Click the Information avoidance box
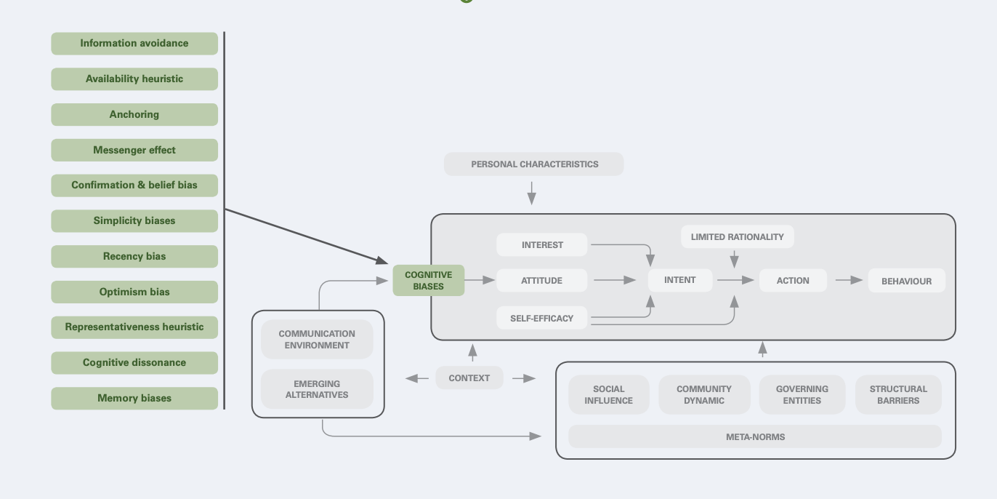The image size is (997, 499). click(x=134, y=44)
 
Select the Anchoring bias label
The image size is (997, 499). click(x=134, y=115)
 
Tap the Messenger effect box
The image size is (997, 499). click(x=134, y=151)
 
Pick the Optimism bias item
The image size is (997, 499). click(x=134, y=292)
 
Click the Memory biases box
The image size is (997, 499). click(x=134, y=399)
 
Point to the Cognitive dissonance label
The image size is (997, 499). click(x=134, y=363)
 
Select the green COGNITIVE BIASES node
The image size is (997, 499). click(x=429, y=281)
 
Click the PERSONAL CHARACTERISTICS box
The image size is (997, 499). click(x=534, y=164)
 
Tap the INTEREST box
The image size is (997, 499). click(x=542, y=245)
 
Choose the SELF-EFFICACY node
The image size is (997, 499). click(x=542, y=319)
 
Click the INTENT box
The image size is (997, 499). click(x=680, y=280)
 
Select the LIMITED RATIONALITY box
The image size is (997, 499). click(x=738, y=237)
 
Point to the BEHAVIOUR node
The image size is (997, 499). click(x=906, y=282)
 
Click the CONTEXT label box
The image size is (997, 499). click(x=469, y=378)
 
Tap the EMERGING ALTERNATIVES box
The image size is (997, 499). click(x=317, y=390)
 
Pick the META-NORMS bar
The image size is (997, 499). click(x=755, y=437)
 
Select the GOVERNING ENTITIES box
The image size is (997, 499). click(x=802, y=395)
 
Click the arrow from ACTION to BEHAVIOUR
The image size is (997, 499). click(x=848, y=280)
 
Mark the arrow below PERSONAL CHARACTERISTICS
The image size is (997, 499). click(x=532, y=193)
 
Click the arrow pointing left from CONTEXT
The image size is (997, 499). click(x=417, y=378)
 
